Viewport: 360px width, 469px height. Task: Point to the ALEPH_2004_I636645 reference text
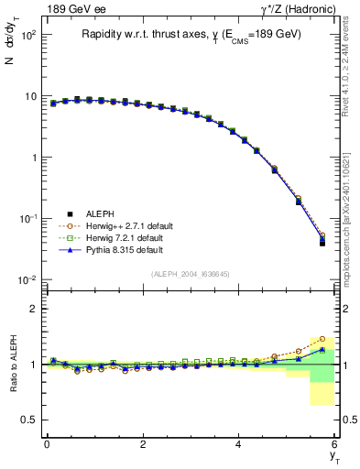(x=190, y=274)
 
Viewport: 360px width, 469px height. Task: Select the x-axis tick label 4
(x=239, y=443)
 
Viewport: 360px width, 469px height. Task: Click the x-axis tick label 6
(x=335, y=443)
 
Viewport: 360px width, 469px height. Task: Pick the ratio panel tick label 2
(x=32, y=310)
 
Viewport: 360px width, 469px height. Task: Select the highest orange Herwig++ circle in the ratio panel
(x=322, y=339)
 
